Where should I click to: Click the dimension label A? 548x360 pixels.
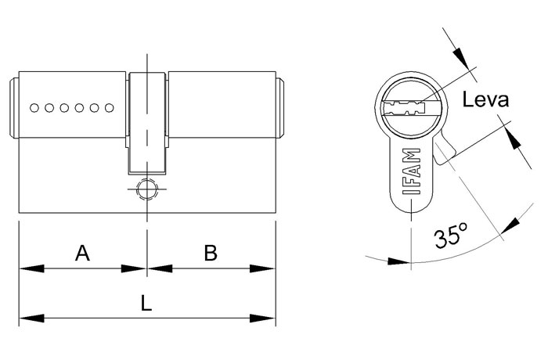point(82,253)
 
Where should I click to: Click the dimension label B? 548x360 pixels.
point(211,253)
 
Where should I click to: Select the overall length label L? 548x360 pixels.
point(146,303)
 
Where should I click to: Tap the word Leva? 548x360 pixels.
point(485,99)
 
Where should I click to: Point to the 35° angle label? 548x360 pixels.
point(450,235)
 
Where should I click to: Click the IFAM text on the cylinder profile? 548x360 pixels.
point(412,171)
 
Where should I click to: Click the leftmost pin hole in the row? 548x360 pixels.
point(34,108)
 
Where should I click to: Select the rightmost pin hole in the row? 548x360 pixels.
point(110,108)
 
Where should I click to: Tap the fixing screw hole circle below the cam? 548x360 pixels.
point(147,189)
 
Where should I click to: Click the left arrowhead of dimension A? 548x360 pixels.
point(32,268)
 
